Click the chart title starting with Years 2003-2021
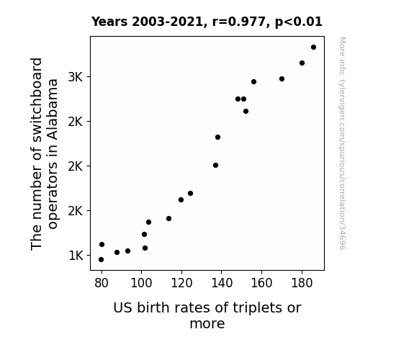point(207,22)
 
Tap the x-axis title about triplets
point(207,315)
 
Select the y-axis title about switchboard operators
point(44,153)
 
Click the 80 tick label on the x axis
point(102,283)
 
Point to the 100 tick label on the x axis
point(141,283)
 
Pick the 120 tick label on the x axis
point(181,283)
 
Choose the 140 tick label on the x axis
point(222,283)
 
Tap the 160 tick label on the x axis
point(261,283)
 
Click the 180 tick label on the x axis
point(302,283)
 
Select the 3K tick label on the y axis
point(76,77)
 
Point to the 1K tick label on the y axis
point(76,256)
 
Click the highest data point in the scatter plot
point(313,48)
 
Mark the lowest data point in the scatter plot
point(101,260)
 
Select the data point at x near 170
point(282,79)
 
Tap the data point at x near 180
point(302,63)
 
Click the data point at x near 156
point(253,82)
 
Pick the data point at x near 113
point(168,218)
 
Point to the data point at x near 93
point(127,251)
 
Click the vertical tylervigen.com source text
point(342,143)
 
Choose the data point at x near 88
point(117,253)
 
